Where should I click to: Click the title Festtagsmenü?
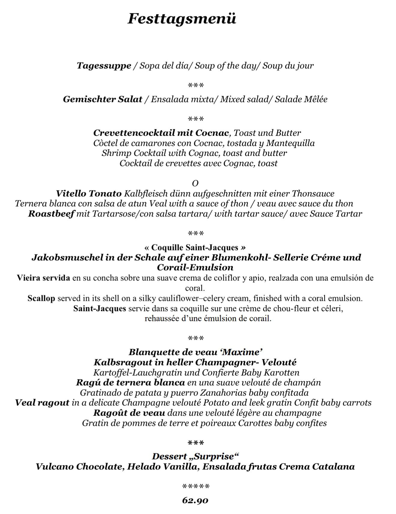coord(182,19)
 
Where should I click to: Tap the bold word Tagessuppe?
coord(104,66)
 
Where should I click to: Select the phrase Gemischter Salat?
coord(102,99)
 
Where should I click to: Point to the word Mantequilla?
coord(290,143)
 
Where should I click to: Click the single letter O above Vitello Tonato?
coord(195,183)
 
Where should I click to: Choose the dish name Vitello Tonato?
coord(89,193)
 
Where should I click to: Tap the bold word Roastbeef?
coord(51,214)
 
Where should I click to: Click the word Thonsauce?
coord(313,193)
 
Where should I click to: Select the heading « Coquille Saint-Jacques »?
coord(195,247)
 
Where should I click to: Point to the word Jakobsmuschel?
coord(67,258)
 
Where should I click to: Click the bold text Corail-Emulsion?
coord(195,267)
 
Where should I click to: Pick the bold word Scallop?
coord(41,298)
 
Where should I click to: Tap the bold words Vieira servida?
coord(43,278)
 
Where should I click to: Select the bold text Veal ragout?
coord(42,402)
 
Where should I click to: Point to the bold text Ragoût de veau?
coord(129,413)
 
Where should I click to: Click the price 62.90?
coord(195,500)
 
